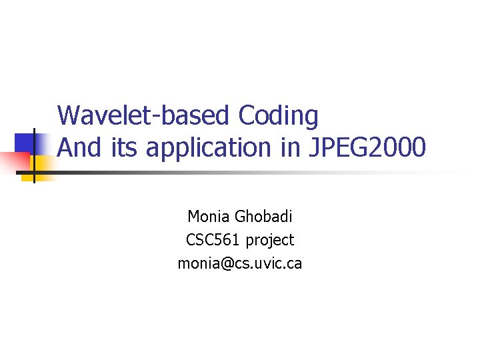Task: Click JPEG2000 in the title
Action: tap(366, 147)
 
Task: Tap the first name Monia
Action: tap(209, 217)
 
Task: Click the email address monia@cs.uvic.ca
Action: tap(239, 263)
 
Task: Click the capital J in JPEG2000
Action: tap(315, 147)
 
